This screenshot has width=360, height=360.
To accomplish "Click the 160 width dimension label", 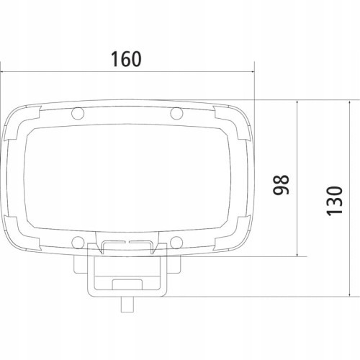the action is tap(126, 59).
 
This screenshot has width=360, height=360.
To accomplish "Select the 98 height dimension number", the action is tap(282, 184).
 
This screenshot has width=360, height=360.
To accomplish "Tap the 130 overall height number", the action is tap(335, 201).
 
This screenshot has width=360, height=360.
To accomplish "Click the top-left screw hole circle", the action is tap(78, 113).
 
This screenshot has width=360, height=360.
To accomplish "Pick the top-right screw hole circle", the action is tap(176, 113).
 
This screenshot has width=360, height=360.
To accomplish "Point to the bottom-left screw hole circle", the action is tap(78, 243).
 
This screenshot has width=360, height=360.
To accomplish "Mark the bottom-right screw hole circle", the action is tap(176, 243).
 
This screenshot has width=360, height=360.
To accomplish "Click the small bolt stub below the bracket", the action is tap(127, 305).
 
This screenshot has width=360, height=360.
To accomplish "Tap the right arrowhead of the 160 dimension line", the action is tap(252, 71).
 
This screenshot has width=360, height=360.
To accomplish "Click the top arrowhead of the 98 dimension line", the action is tap(297, 103).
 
